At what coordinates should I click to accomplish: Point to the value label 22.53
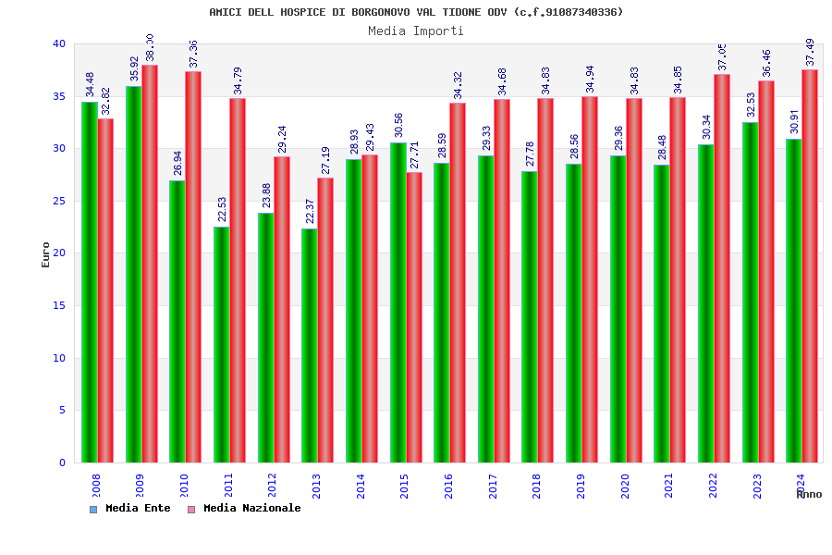click(223, 209)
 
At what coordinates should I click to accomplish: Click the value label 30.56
click(398, 125)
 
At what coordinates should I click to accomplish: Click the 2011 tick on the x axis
click(228, 486)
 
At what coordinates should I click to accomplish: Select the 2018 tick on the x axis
click(536, 486)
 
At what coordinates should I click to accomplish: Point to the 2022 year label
click(713, 486)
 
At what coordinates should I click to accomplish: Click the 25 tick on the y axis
click(59, 201)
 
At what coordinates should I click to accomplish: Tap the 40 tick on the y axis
click(59, 43)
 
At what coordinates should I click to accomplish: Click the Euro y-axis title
click(46, 254)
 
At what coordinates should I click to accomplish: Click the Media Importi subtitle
click(416, 31)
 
